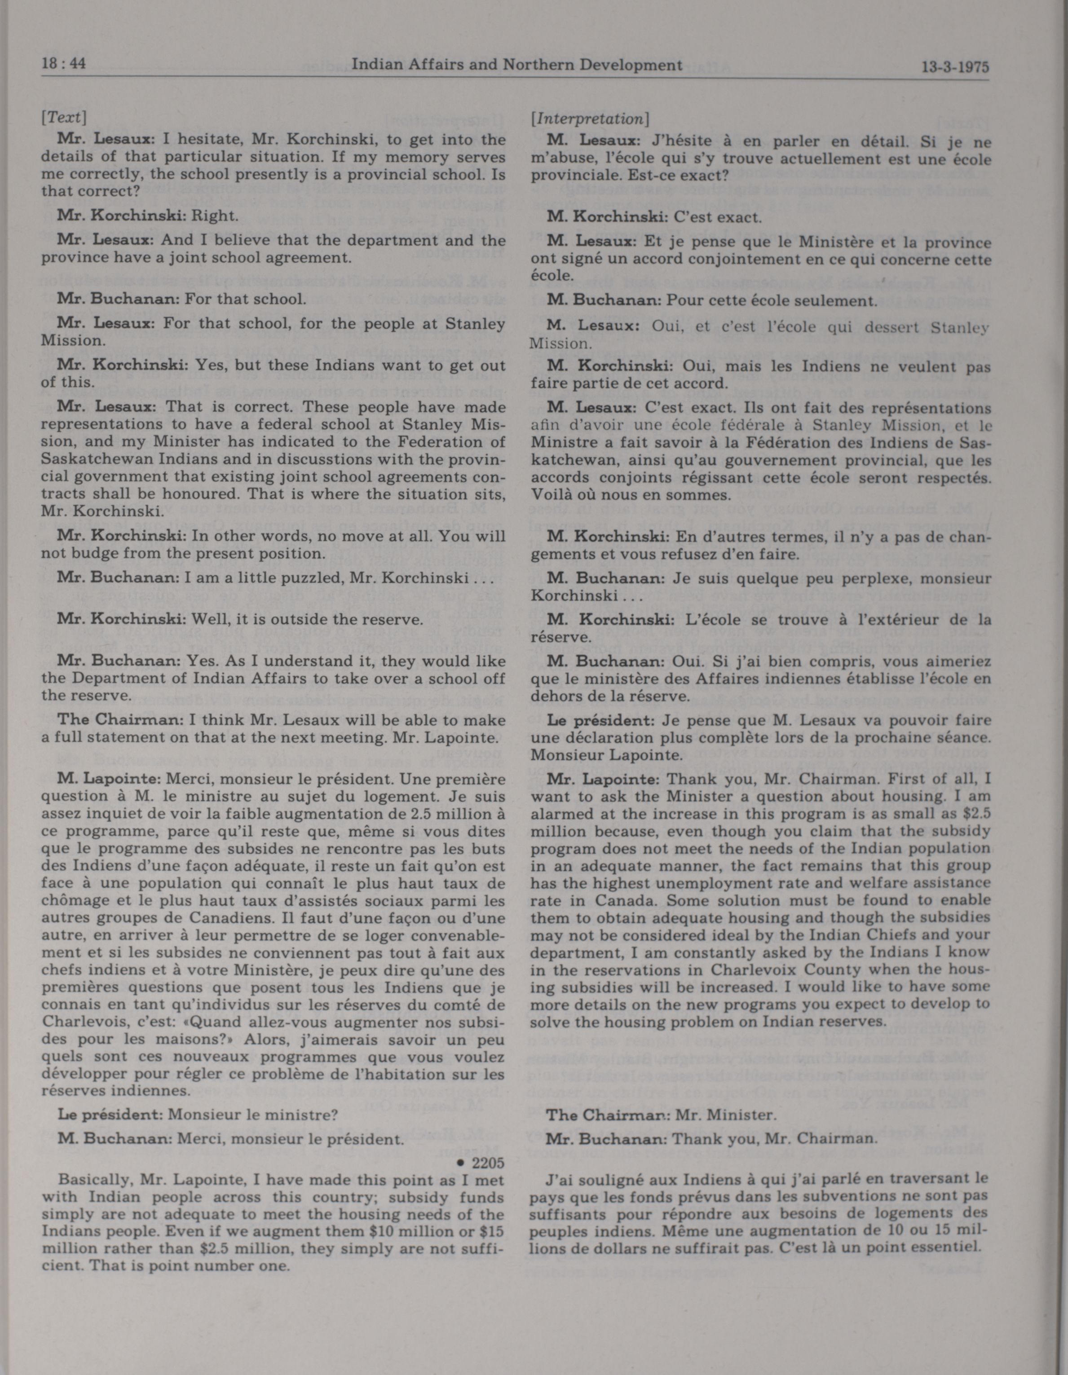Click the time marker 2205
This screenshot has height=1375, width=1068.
(488, 1163)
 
